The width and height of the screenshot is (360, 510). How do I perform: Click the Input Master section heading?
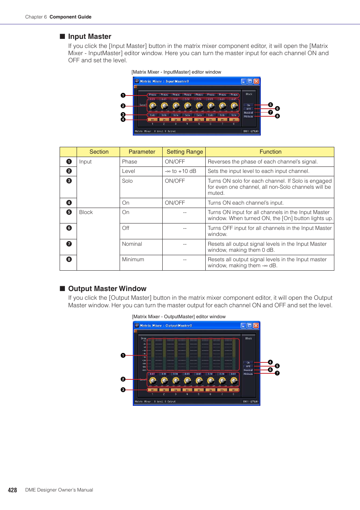(x=89, y=37)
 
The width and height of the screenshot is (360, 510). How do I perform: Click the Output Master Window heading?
(x=107, y=289)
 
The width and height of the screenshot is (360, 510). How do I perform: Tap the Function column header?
(x=270, y=152)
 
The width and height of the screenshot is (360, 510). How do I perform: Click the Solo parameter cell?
(x=127, y=181)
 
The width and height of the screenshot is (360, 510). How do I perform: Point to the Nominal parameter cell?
(x=132, y=244)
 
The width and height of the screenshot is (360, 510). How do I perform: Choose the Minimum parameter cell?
(x=133, y=259)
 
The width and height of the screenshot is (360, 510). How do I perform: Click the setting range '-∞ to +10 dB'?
(x=180, y=171)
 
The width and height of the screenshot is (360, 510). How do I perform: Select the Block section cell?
(x=86, y=212)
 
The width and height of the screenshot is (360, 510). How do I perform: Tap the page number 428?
(x=12, y=490)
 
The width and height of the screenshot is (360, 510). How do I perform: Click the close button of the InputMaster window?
(x=256, y=81)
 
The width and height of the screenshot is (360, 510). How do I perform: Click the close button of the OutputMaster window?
(x=256, y=325)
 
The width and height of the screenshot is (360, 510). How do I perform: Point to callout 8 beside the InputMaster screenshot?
(x=277, y=116)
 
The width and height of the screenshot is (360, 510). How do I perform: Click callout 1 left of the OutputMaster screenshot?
(x=123, y=355)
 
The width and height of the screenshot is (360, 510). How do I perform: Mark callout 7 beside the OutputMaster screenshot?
(x=277, y=373)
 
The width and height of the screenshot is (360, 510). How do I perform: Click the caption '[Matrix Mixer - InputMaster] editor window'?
(x=176, y=72)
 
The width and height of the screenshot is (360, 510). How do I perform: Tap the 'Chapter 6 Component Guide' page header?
(x=58, y=17)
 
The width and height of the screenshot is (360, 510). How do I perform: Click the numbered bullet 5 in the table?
(x=69, y=212)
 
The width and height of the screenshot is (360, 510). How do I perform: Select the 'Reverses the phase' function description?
(x=263, y=162)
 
